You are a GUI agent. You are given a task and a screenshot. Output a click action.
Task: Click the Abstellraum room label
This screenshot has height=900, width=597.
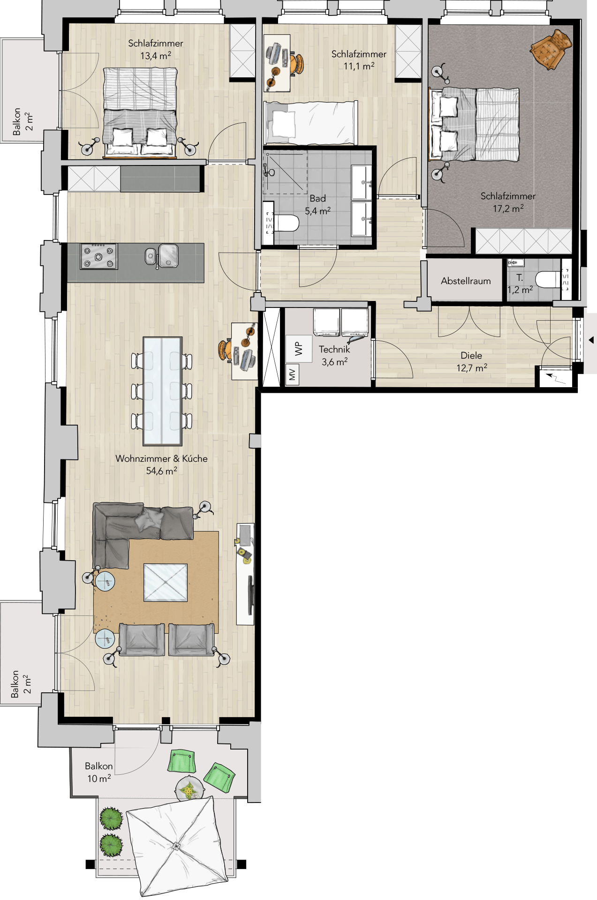pyautogui.click(x=466, y=281)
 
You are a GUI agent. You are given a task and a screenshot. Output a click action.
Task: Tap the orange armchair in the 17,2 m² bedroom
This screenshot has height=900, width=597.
pyautogui.click(x=551, y=49)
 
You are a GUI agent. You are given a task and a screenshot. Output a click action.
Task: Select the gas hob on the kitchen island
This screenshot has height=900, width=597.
pyautogui.click(x=98, y=256)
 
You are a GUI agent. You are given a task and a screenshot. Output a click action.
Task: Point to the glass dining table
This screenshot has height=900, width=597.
pyautogui.click(x=162, y=391)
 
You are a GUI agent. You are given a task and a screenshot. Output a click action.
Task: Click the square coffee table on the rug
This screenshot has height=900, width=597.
pyautogui.click(x=166, y=582)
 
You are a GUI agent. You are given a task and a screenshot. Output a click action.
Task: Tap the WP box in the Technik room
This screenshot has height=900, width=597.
pyautogui.click(x=299, y=348)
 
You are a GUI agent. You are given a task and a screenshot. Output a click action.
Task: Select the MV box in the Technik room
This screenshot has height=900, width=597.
pyautogui.click(x=292, y=374)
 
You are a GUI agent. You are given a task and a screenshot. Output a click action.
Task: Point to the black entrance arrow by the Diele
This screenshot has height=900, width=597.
pyautogui.click(x=591, y=340)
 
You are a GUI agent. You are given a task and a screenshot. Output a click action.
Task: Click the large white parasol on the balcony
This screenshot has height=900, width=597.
pyautogui.click(x=177, y=846)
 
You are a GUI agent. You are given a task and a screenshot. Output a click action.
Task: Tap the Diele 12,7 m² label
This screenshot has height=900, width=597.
pyautogui.click(x=471, y=361)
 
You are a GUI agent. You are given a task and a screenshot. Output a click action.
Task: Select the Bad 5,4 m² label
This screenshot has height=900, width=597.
pyautogui.click(x=317, y=205)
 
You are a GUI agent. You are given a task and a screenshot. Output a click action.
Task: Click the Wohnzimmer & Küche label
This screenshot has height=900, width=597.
pyautogui.click(x=161, y=458)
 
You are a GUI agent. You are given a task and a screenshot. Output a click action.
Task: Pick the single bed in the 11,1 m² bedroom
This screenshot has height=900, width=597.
pyautogui.click(x=310, y=123)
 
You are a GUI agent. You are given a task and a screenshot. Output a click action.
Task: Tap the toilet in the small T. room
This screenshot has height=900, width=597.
pyautogui.click(x=548, y=279)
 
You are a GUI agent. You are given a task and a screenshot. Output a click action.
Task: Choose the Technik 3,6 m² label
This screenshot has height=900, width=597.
pyautogui.click(x=334, y=355)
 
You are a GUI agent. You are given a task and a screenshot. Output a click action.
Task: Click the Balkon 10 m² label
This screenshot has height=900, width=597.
pyautogui.click(x=98, y=772)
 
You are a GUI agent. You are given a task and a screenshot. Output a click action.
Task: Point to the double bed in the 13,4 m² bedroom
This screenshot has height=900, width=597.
pyautogui.click(x=140, y=112)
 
